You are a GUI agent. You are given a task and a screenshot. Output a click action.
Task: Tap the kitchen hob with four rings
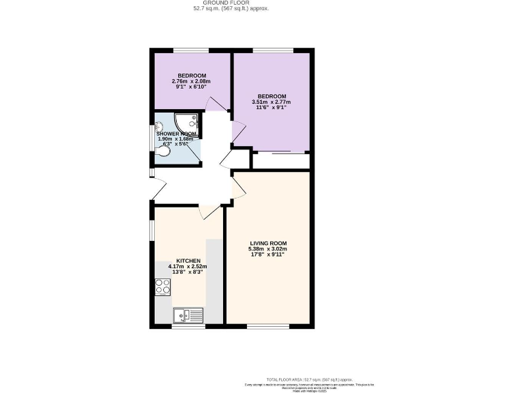pyautogui.click(x=162, y=287)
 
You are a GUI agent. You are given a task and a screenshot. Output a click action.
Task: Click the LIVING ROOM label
pyautogui.click(x=267, y=243)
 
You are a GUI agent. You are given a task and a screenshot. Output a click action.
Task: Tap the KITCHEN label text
pyautogui.click(x=188, y=261)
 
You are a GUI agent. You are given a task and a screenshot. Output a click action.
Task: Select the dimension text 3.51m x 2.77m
pyautogui.click(x=272, y=102)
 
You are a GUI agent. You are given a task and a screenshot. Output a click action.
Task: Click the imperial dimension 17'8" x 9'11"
pyautogui.click(x=267, y=254)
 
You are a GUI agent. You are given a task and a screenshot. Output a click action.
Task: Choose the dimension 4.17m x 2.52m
pyautogui.click(x=188, y=267)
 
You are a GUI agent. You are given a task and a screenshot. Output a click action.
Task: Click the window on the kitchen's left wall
pyautogui.click(x=152, y=230)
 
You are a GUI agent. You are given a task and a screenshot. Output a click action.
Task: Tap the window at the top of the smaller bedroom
pyautogui.click(x=190, y=50)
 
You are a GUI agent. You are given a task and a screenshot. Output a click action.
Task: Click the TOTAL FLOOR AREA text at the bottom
pyautogui.click(x=310, y=379)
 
